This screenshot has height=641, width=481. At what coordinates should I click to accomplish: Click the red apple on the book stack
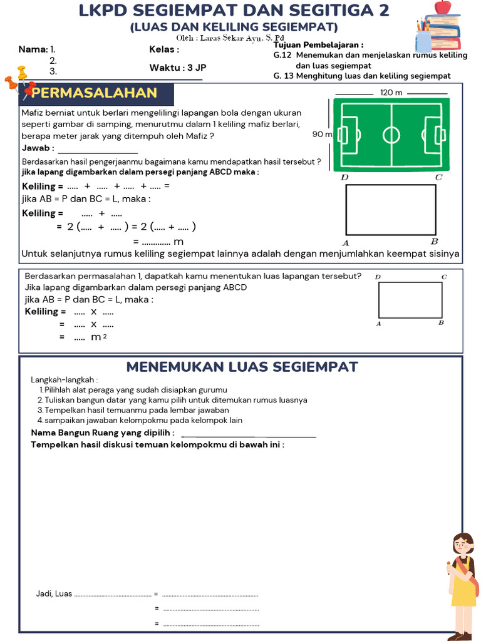click(x=443, y=7)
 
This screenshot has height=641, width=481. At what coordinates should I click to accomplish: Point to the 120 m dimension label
click(x=391, y=92)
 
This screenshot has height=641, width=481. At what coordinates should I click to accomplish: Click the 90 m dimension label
click(x=322, y=134)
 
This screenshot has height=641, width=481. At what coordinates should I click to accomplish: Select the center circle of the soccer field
click(x=391, y=135)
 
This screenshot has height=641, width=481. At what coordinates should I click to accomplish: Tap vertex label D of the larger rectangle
click(x=344, y=178)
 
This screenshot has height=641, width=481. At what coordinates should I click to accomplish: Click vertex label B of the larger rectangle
click(x=434, y=242)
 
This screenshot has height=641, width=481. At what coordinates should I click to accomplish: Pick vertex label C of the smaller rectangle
click(x=443, y=277)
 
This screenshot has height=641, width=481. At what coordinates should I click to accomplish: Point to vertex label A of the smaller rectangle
click(x=378, y=324)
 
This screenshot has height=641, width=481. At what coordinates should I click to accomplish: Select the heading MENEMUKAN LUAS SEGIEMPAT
click(x=242, y=367)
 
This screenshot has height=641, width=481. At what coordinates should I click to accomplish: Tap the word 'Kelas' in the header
click(x=162, y=49)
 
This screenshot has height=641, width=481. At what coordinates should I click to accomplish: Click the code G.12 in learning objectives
click(x=280, y=55)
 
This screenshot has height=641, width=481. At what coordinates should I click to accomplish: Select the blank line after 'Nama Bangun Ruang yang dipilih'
click(x=248, y=434)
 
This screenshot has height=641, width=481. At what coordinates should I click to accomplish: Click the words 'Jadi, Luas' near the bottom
click(x=54, y=593)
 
